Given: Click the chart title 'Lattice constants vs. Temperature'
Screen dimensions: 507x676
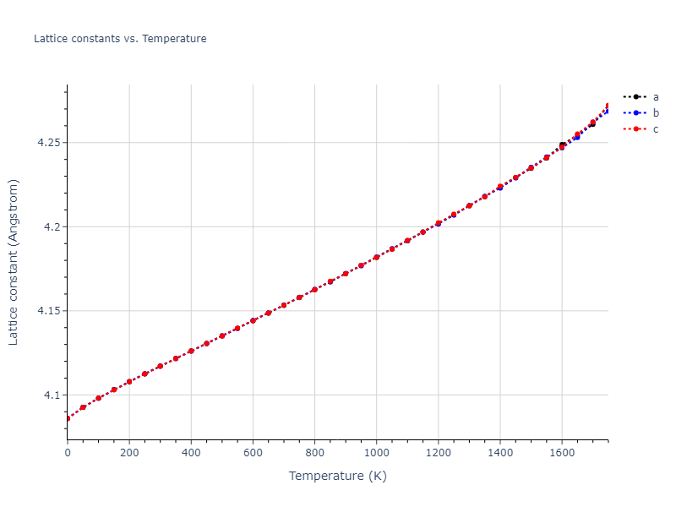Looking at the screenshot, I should click(x=120, y=39).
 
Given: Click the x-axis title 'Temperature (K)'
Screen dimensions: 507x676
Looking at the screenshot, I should click(x=337, y=477).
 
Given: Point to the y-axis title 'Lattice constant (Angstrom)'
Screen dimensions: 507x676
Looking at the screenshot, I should click(x=14, y=262).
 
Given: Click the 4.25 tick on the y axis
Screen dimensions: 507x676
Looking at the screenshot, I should click(x=48, y=143).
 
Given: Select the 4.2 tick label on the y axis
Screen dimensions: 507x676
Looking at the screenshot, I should click(x=52, y=226).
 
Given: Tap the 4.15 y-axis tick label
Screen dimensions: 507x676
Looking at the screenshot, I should click(x=48, y=311).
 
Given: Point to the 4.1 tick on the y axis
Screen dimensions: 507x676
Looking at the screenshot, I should click(x=52, y=395).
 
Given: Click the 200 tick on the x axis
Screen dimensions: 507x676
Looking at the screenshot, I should click(x=129, y=453).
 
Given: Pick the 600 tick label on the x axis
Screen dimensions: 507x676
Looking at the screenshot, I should click(x=253, y=453).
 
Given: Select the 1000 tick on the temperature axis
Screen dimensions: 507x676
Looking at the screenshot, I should click(x=376, y=453).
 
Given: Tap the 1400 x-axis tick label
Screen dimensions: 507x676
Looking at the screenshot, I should click(x=499, y=453).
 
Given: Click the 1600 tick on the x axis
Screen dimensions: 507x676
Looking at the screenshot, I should click(x=561, y=453).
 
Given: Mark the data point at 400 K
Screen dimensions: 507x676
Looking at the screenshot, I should click(x=191, y=351).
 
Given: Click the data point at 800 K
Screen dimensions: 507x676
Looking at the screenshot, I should click(x=314, y=290).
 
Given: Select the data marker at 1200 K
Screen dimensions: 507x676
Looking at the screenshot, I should click(x=438, y=223).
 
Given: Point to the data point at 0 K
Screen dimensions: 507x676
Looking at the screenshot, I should click(x=68, y=418).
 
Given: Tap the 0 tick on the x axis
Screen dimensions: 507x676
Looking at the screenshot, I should click(x=68, y=453).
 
